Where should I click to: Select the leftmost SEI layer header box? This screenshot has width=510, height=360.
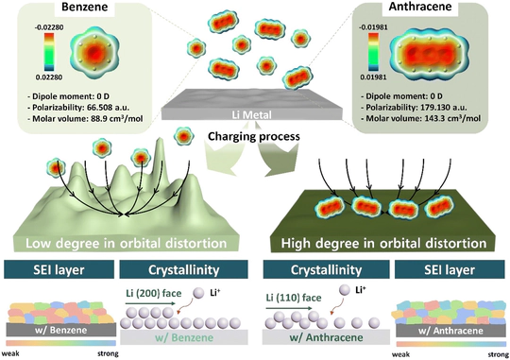coord(57,266)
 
